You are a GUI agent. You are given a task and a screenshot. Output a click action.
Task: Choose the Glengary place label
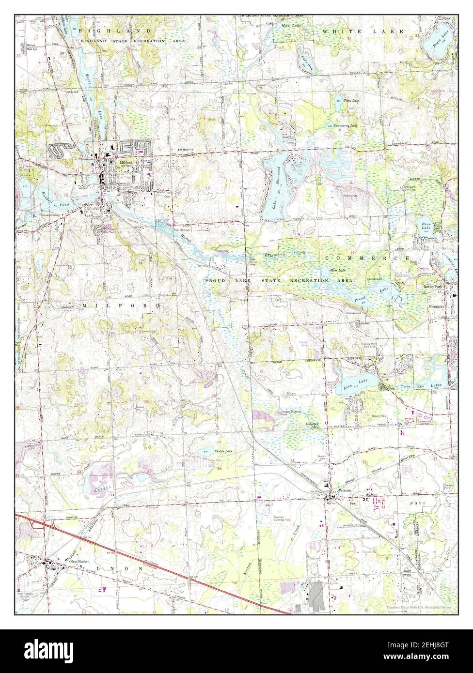pyautogui.click(x=436, y=306)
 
